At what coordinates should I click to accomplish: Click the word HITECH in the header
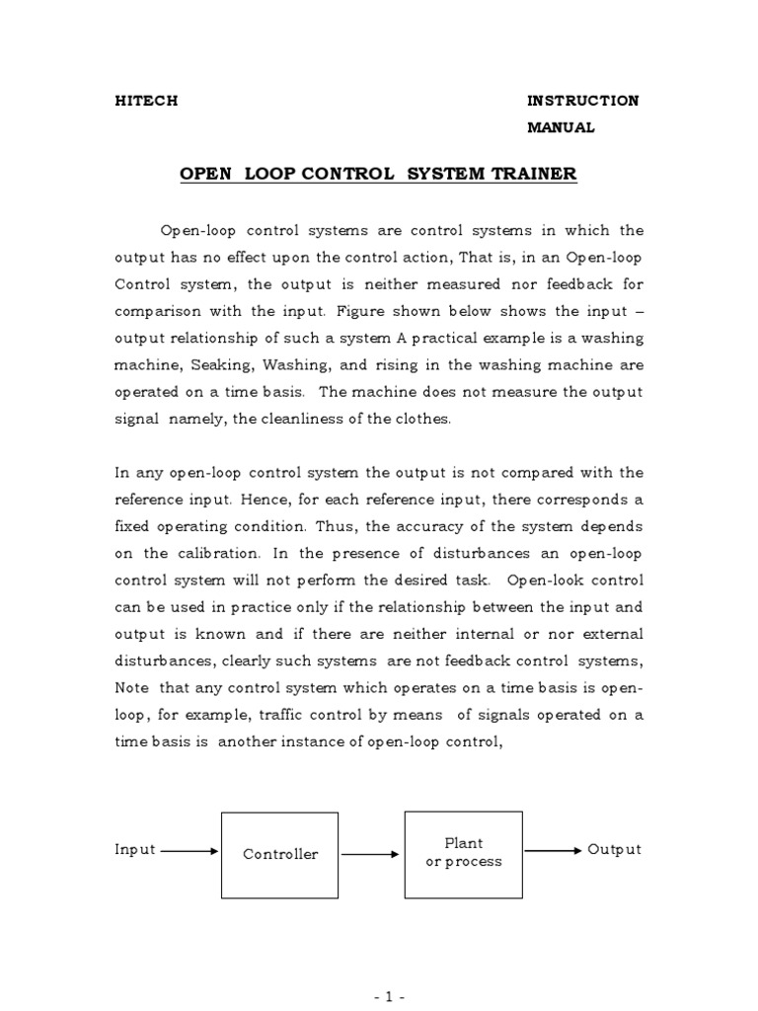pyautogui.click(x=147, y=102)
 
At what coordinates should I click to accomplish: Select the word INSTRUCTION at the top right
pyautogui.click(x=582, y=101)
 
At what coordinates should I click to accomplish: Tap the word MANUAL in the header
pyautogui.click(x=561, y=127)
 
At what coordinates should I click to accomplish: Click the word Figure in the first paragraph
pyautogui.click(x=361, y=311)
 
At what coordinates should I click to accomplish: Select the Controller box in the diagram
pyautogui.click(x=280, y=854)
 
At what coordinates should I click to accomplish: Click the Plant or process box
pyautogui.click(x=463, y=853)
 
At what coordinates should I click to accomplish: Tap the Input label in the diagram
pyautogui.click(x=135, y=850)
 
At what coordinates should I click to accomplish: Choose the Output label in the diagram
pyautogui.click(x=614, y=849)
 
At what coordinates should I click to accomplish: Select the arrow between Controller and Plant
pyautogui.click(x=370, y=854)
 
